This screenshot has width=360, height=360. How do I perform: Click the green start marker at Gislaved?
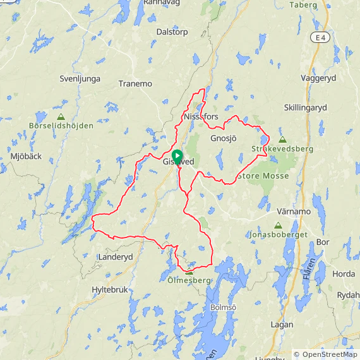[177, 155]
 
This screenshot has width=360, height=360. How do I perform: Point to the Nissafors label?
[201, 117]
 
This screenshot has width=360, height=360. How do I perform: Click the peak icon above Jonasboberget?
[278, 225]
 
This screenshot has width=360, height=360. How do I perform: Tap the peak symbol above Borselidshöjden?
[61, 117]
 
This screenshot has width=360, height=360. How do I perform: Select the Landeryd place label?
[116, 257]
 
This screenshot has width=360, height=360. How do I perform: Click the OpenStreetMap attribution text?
[325, 354]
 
